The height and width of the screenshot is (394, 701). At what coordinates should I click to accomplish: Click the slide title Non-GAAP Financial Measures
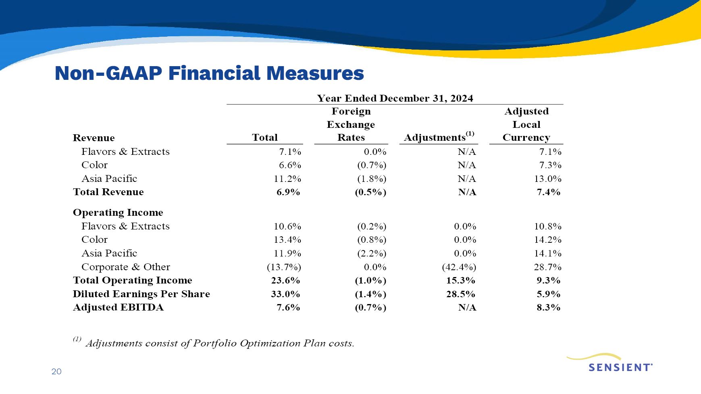point(209,73)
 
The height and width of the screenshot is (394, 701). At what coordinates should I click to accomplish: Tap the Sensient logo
point(609,363)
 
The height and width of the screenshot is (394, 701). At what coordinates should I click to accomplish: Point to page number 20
point(56,371)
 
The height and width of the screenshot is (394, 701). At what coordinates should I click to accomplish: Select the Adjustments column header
point(439,137)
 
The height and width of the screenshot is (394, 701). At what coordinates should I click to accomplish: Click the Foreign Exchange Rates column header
point(351,124)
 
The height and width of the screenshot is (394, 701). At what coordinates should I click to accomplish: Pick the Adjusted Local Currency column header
point(526,124)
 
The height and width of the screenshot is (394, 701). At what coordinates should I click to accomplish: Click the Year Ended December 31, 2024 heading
point(395,98)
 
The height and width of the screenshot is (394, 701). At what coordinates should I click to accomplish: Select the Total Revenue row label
point(108,192)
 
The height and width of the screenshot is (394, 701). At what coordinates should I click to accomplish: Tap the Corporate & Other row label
point(126,267)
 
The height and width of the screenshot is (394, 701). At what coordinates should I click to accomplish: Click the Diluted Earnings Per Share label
point(141,294)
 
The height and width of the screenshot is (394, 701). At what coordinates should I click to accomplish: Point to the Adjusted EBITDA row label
point(118,307)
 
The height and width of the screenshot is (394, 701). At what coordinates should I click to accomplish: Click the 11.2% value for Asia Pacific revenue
point(287,179)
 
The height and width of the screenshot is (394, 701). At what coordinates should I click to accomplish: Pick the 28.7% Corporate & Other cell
point(548,267)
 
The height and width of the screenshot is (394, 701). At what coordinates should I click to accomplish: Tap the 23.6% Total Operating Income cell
point(285,280)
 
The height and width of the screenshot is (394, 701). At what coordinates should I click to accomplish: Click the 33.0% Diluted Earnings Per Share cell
point(285,294)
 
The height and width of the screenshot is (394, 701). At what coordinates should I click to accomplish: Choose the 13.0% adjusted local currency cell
point(548,179)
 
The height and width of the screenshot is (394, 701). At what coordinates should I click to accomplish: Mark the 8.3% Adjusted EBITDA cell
point(549,307)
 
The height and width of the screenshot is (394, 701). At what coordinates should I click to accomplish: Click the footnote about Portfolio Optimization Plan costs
point(214,343)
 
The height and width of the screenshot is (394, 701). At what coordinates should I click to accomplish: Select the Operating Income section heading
point(118,213)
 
